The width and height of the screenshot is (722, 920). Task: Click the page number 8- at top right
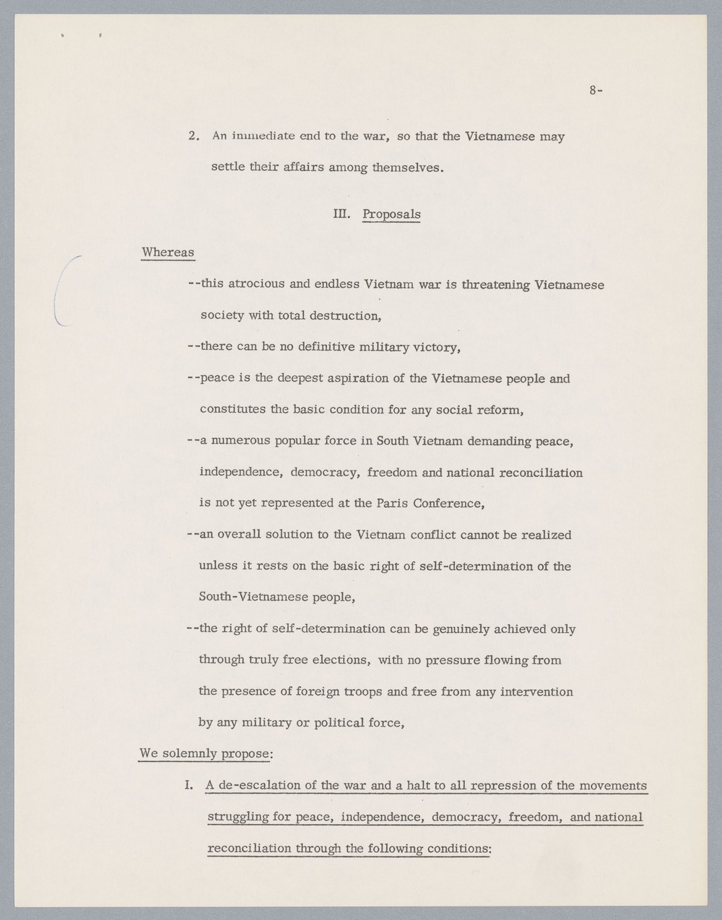coord(596,91)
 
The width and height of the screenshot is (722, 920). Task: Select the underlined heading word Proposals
coord(391,214)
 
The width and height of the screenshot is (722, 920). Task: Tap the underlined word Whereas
coord(168,253)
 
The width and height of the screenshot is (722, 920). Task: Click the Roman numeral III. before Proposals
coord(342,214)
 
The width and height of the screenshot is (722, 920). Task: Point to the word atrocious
coord(256,284)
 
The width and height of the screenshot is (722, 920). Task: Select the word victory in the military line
coord(435,347)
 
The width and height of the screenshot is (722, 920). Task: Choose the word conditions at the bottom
coord(457,849)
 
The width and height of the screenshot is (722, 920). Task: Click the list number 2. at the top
coord(193,136)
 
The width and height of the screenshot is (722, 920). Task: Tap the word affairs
coord(298,168)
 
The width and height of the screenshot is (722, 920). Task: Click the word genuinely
coord(461,628)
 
